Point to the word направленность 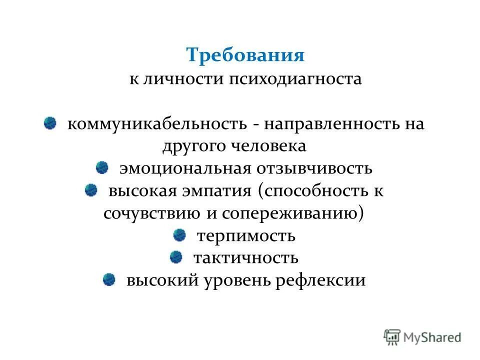click(x=332, y=123)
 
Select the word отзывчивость click(x=314, y=168)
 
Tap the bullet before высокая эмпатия click(x=91, y=189)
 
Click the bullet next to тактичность click(x=176, y=256)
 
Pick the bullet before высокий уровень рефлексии click(x=109, y=279)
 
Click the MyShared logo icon click(x=392, y=337)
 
